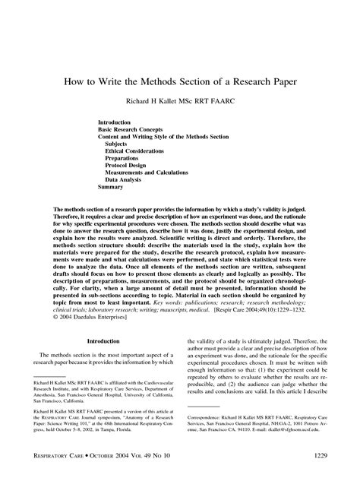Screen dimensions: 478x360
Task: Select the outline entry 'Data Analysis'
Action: [125, 179]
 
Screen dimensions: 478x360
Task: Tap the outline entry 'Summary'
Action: [111, 187]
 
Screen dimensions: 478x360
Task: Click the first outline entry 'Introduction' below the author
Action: [115, 122]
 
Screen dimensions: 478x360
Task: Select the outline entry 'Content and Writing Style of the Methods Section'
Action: [169, 137]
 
